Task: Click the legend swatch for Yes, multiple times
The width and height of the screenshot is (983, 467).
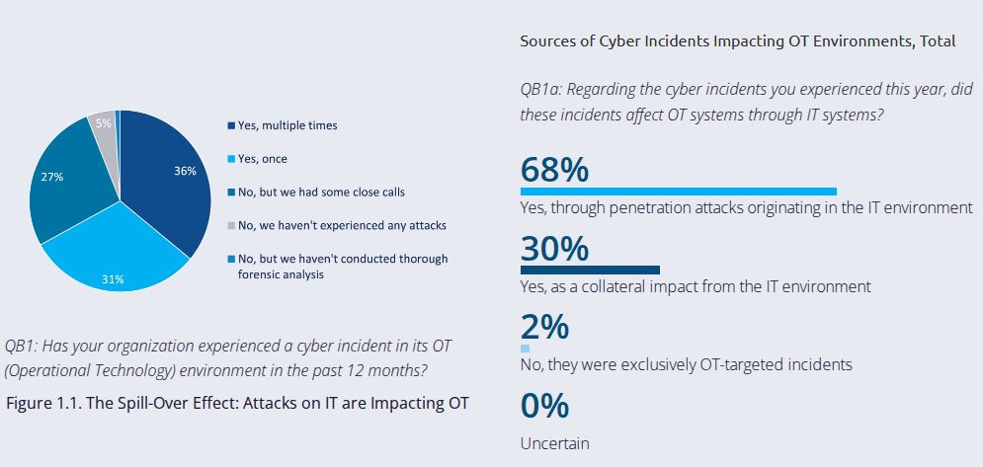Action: click(230, 125)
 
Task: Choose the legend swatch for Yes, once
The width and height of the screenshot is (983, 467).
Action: click(230, 159)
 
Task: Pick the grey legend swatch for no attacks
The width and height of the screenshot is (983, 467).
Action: click(230, 226)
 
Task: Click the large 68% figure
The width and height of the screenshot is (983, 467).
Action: click(554, 170)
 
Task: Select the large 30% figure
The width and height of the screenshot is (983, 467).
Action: click(554, 249)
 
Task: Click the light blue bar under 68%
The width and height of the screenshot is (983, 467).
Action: click(678, 192)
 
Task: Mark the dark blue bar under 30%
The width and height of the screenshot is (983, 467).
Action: click(590, 270)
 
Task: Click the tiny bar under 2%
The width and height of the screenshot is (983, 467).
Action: click(525, 349)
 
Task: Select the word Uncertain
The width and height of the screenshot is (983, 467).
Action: click(554, 443)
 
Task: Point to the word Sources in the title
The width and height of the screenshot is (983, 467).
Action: click(548, 41)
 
